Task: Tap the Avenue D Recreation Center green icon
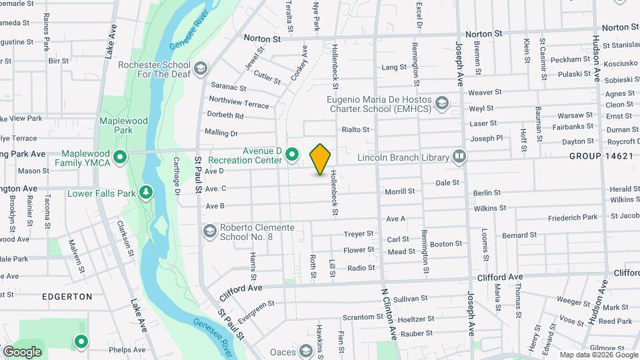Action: pos(292,155)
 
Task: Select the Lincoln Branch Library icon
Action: pos(459,157)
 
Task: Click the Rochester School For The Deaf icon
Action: pos(200,69)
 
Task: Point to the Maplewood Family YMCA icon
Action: pos(120,157)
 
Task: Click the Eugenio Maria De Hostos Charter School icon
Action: pos(442,103)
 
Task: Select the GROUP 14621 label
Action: pos(601,155)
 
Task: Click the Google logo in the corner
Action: pos(22,351)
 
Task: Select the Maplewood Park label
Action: pos(123,125)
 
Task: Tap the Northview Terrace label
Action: pos(239,102)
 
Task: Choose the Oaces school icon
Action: pos(306,351)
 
